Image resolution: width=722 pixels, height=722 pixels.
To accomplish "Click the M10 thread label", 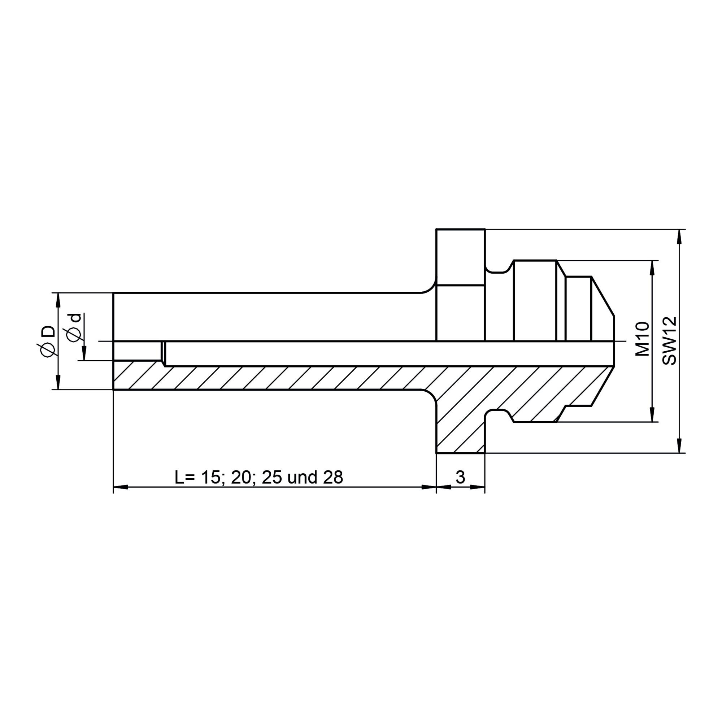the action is (643, 339).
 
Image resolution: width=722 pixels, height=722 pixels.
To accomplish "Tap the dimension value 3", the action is (460, 477).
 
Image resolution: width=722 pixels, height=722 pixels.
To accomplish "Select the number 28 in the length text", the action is (333, 478).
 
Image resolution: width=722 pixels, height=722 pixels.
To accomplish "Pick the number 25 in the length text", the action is (272, 478).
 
